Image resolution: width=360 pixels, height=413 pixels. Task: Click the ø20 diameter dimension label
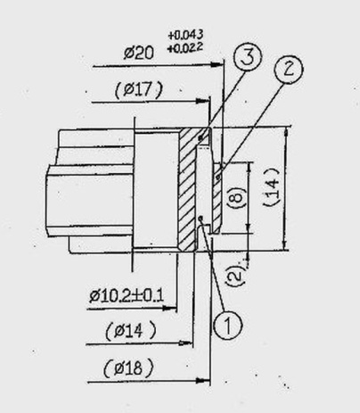click(x=139, y=54)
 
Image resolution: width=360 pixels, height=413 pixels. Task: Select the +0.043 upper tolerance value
click(x=185, y=35)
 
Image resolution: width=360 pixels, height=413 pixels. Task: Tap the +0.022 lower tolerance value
click(x=184, y=47)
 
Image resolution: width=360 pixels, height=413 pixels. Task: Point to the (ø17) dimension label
click(x=139, y=89)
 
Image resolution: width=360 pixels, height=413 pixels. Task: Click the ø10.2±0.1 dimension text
click(x=127, y=296)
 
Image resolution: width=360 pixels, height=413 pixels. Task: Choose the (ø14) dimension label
click(x=130, y=331)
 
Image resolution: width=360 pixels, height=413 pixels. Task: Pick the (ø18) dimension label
click(x=128, y=368)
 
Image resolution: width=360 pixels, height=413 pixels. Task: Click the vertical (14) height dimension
click(x=273, y=186)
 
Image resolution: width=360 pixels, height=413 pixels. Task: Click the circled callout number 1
click(x=228, y=325)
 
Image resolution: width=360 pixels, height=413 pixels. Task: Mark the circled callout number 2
click(x=288, y=70)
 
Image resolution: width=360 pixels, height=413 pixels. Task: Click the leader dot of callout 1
click(x=200, y=218)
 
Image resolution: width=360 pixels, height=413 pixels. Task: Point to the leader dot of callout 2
click(x=219, y=178)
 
